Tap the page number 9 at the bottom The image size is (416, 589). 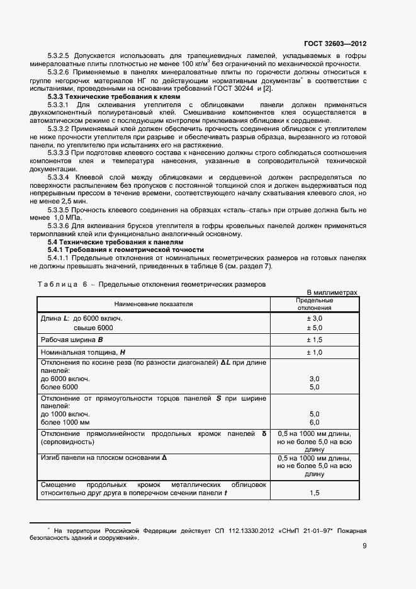click(364, 546)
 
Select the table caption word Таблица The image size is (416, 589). click(59, 284)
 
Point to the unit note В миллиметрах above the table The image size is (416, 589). click(332, 293)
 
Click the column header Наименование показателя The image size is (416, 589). click(154, 304)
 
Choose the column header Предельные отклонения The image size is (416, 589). click(314, 304)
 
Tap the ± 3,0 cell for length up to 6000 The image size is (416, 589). click(314, 319)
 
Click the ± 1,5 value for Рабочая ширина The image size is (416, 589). click(314, 340)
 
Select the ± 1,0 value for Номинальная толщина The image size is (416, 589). click(314, 352)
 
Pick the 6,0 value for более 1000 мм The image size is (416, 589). click(314, 422)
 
